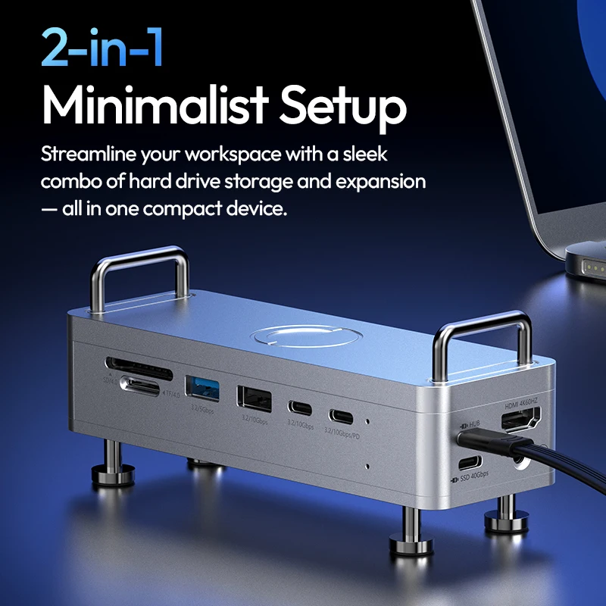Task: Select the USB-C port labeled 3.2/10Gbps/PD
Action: click(340, 416)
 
